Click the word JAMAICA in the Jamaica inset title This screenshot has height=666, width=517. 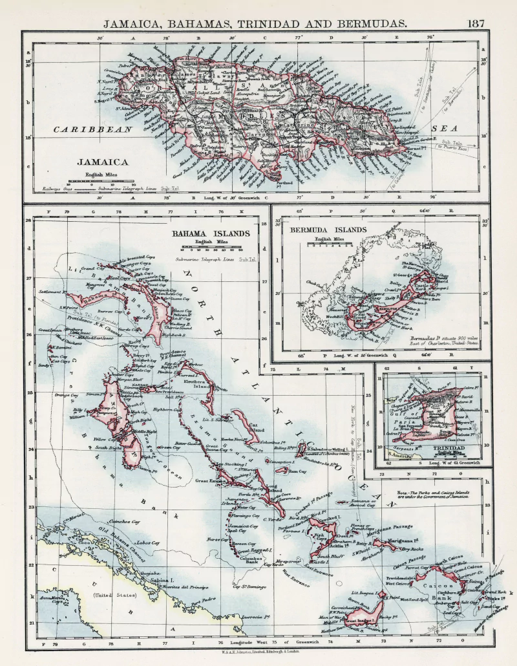(102, 162)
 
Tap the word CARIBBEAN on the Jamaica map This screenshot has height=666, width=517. (83, 129)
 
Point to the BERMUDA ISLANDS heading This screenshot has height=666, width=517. (328, 230)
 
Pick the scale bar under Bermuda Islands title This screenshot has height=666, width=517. (329, 245)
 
